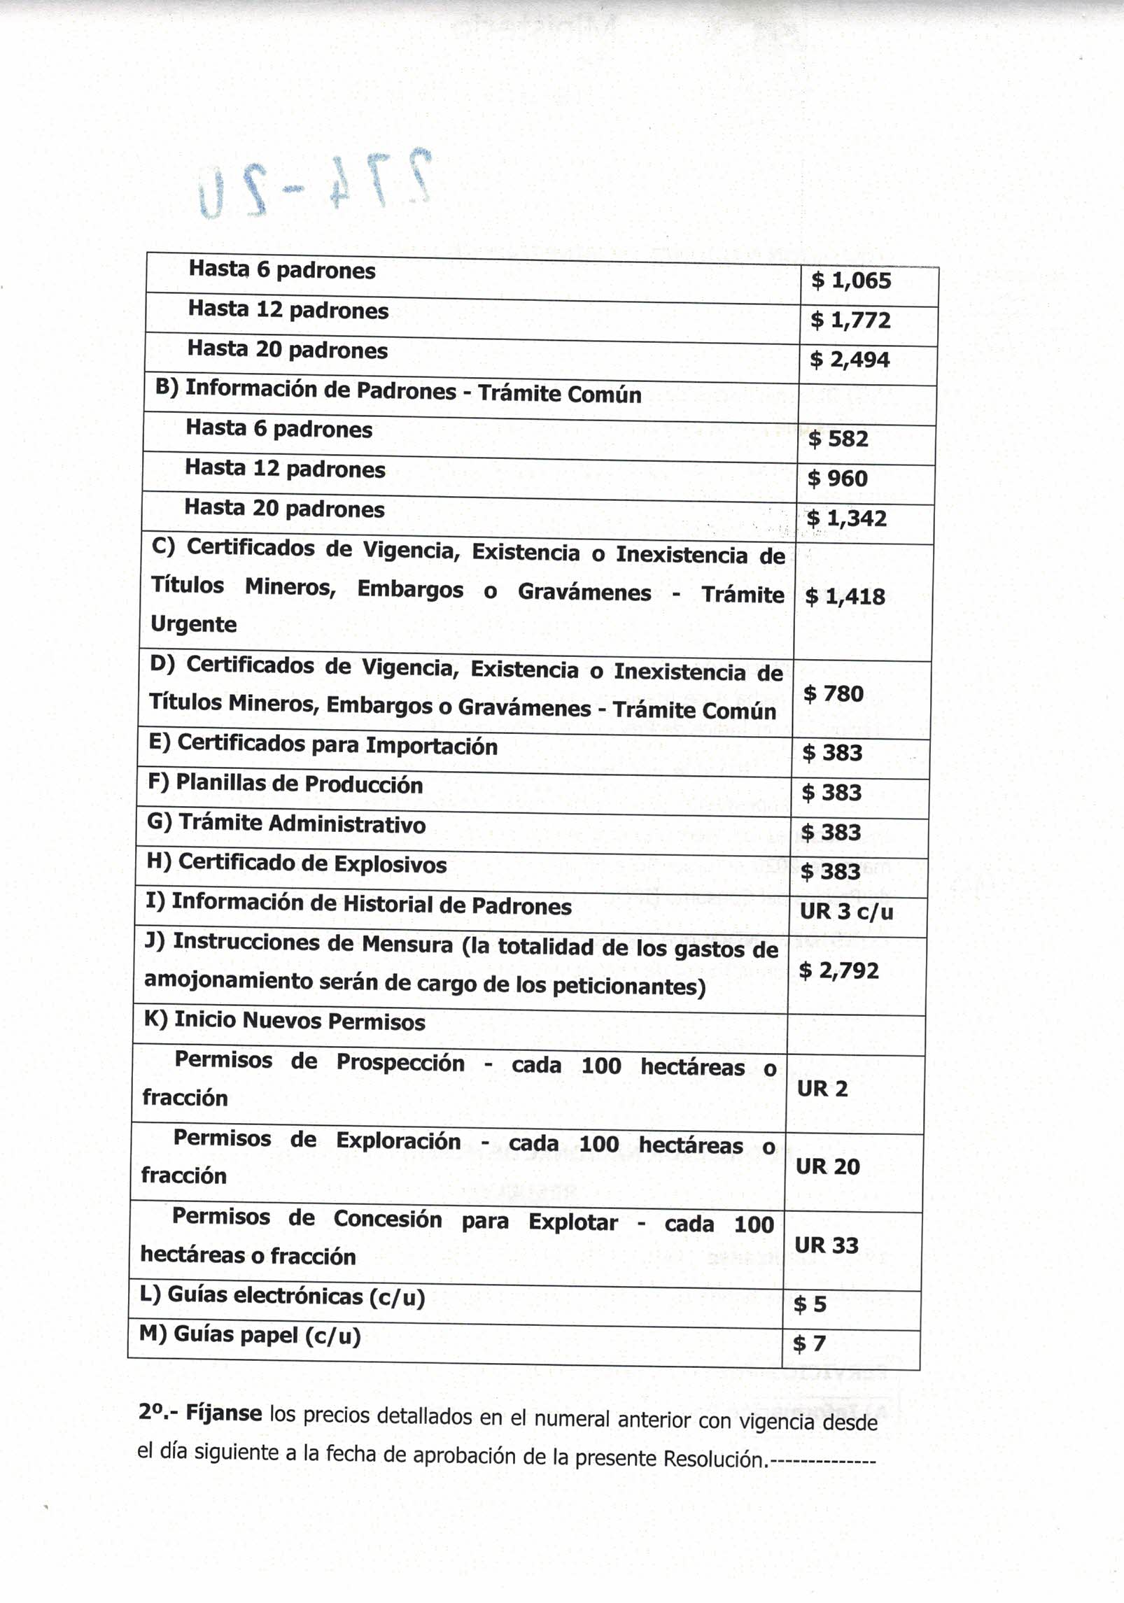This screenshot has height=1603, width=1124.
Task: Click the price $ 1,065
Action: (x=850, y=281)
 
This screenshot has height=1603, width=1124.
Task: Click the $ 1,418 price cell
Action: (x=845, y=596)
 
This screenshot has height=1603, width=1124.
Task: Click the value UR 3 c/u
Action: (x=846, y=911)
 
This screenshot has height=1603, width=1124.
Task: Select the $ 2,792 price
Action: (x=838, y=970)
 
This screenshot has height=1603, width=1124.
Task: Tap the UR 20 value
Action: (x=827, y=1166)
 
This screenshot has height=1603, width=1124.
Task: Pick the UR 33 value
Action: (x=826, y=1245)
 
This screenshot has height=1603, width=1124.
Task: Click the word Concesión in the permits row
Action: (x=387, y=1219)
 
